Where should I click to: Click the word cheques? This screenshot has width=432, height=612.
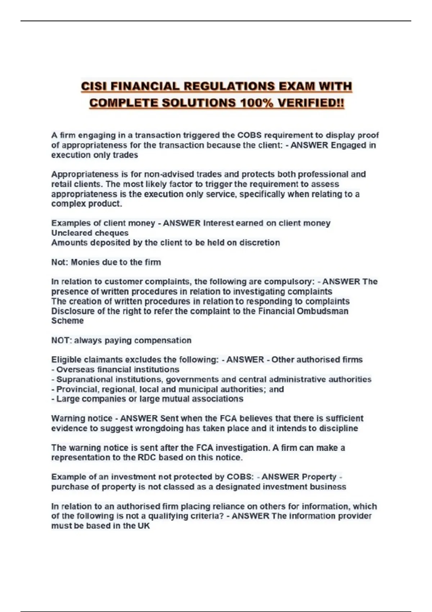(112, 233)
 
